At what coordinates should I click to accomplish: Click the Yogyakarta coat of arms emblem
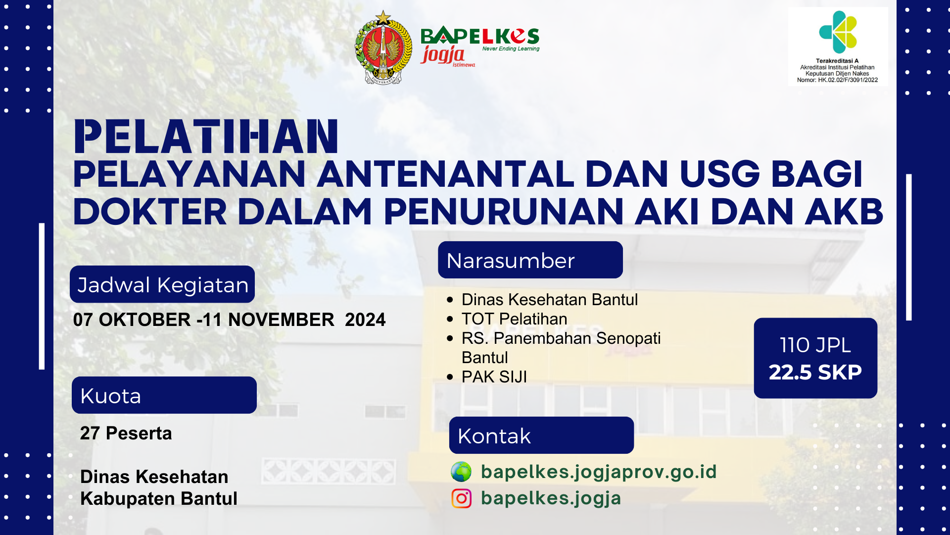pos(383,48)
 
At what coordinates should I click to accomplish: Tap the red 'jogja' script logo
pos(443,54)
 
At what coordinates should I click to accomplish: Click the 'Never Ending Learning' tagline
pos(511,49)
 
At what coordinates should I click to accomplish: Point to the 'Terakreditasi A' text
pos(837,61)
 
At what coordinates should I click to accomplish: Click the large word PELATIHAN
pos(206,137)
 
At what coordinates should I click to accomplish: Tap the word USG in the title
pos(719,174)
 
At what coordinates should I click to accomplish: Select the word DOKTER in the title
pos(150,212)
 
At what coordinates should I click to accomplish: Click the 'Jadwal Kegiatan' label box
pos(162,284)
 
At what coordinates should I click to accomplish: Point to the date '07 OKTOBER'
pos(132,320)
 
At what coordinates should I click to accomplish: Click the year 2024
pos(365,320)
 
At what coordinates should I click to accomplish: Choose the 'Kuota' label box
pos(164,395)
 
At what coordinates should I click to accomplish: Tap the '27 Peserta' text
pos(126,433)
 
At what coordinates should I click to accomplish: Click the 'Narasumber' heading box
pos(530,260)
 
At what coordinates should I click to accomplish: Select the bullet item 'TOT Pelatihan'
pos(514,319)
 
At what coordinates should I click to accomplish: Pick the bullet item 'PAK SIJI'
pos(494,377)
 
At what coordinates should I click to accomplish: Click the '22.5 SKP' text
pos(815,372)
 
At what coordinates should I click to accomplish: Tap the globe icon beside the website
pos(461,472)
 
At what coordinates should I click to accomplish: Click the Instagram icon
pos(461,498)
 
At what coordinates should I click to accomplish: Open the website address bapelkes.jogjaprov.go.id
pos(599,472)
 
